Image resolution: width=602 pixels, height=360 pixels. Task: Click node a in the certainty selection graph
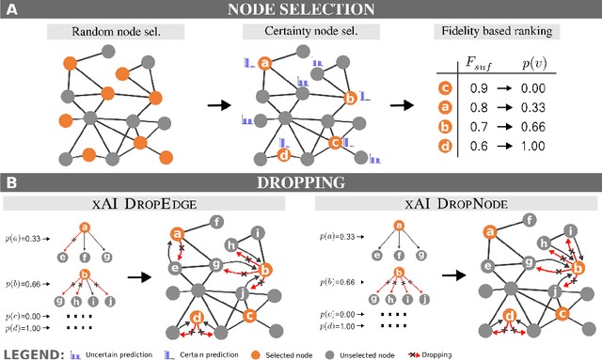[x=265, y=64]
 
